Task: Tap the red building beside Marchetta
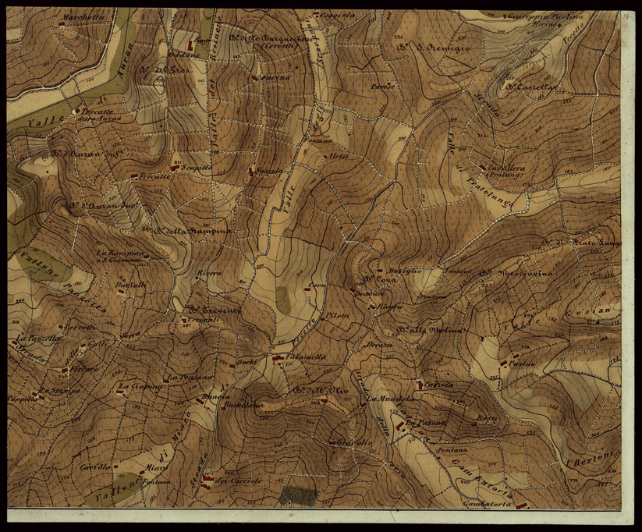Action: (61, 24)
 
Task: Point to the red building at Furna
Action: (254, 78)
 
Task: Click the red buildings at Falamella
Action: (277, 357)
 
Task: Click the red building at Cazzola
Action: (420, 384)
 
